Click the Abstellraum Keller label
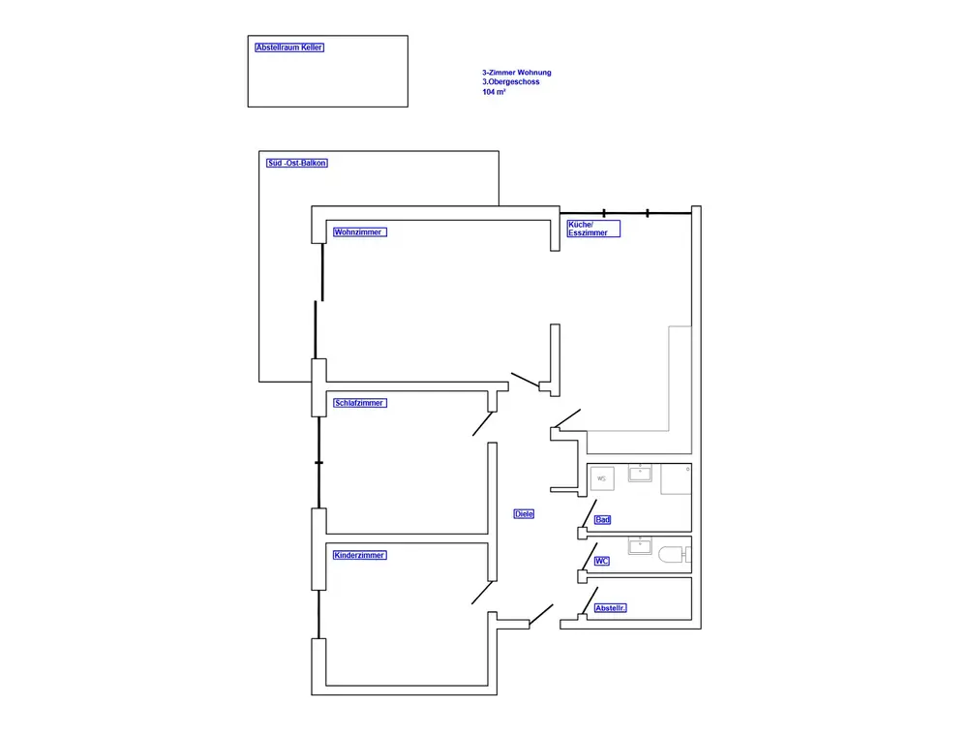pos(288,47)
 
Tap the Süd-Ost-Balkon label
pos(297,164)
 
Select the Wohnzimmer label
pos(359,233)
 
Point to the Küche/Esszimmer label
pos(592,229)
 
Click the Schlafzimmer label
pos(359,403)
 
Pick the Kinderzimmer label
pos(359,556)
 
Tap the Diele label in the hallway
pos(524,514)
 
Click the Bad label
pos(602,520)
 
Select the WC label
pos(601,562)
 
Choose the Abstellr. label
pos(611,608)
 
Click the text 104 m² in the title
pos(494,92)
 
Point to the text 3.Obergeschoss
pos(511,82)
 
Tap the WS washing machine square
pos(601,478)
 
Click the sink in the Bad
pos(640,474)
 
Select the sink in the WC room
pos(640,547)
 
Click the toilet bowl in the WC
pos(672,556)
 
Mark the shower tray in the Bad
pos(676,479)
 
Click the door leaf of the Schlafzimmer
pos(482,423)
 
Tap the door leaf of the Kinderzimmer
pos(482,593)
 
